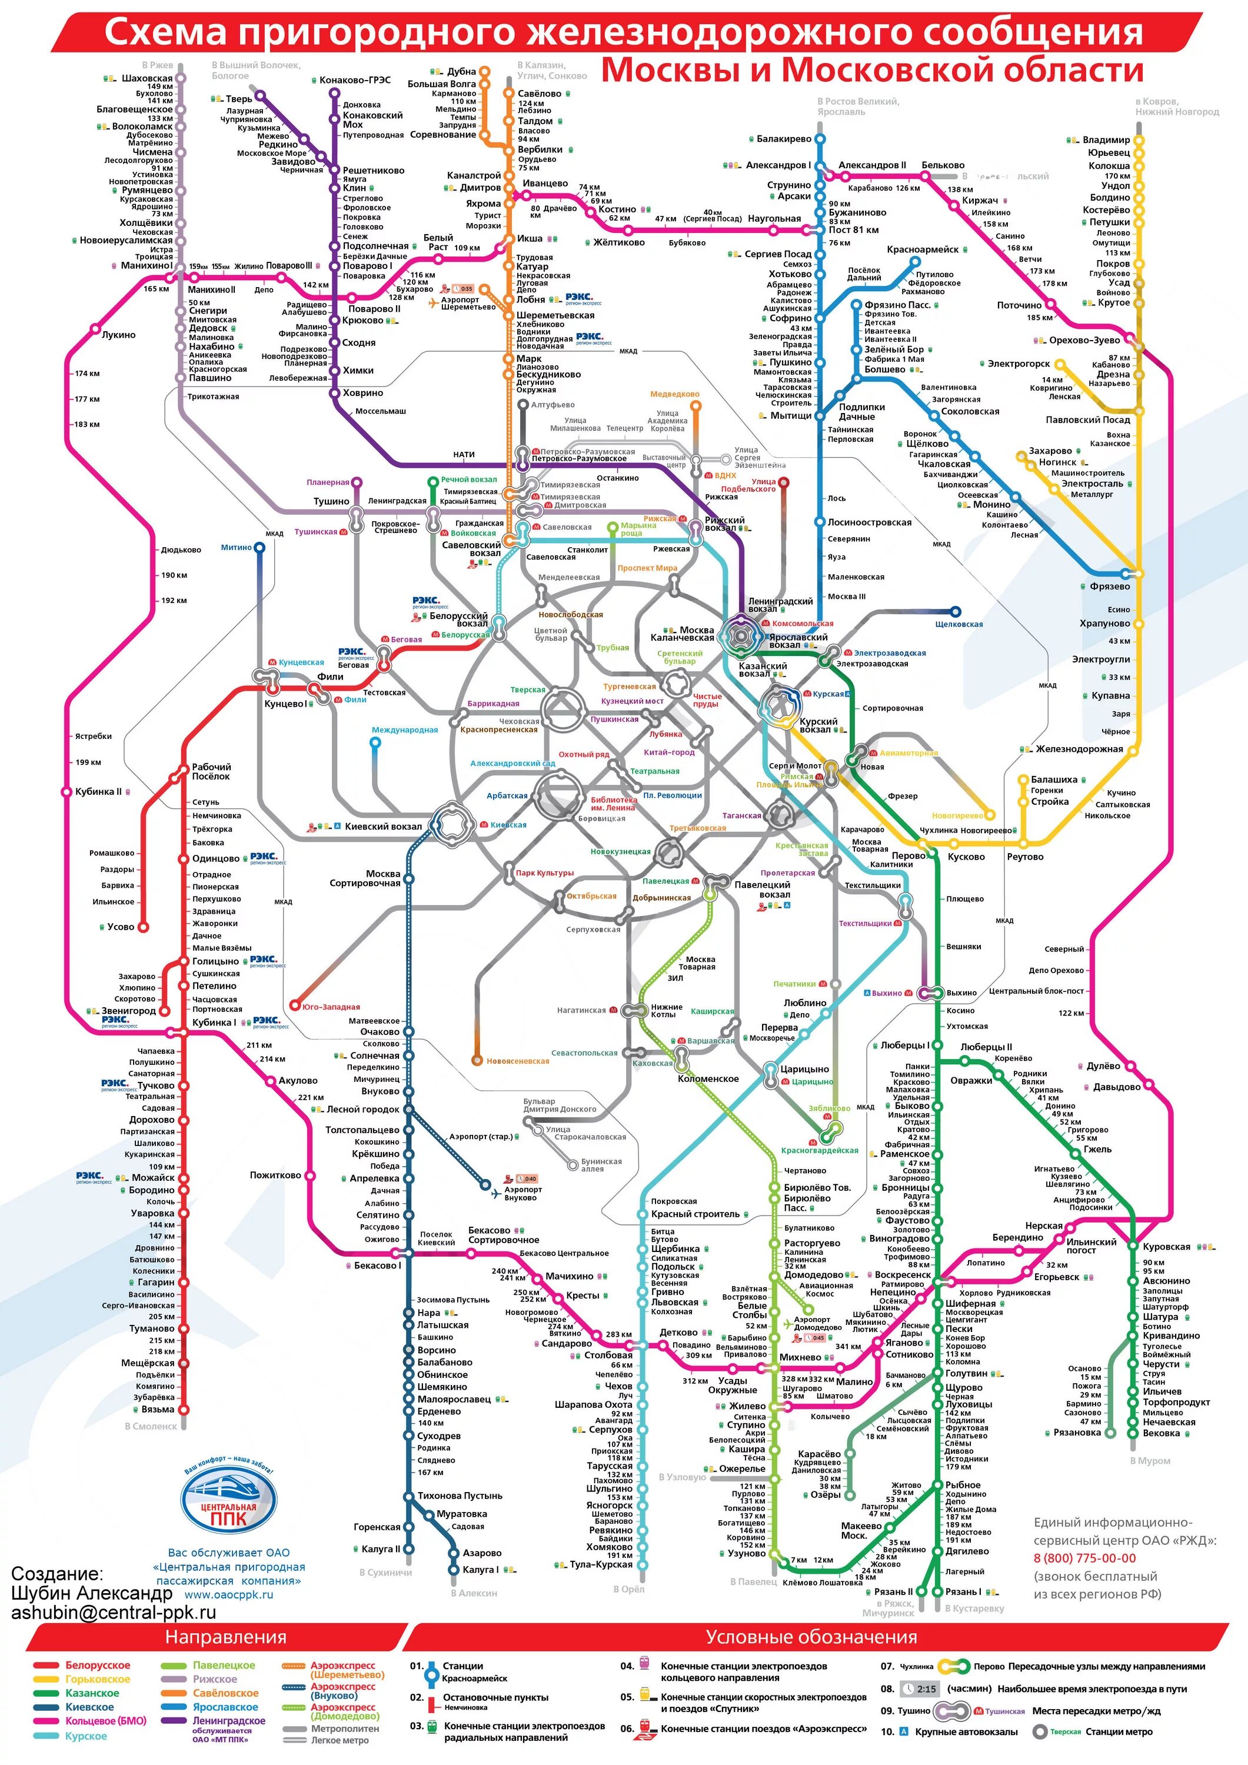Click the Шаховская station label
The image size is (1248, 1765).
click(147, 78)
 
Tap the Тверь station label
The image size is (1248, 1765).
click(238, 99)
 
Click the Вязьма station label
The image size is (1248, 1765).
click(158, 1410)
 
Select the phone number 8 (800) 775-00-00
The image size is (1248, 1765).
click(1084, 1558)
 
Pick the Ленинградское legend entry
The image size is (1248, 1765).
click(228, 1720)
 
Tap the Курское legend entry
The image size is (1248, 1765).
click(86, 1736)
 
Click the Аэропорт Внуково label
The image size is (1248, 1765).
click(523, 1193)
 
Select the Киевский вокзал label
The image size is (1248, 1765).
click(383, 827)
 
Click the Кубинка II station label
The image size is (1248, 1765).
click(98, 792)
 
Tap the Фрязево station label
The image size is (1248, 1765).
click(1110, 586)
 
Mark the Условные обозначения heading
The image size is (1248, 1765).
click(811, 1637)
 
